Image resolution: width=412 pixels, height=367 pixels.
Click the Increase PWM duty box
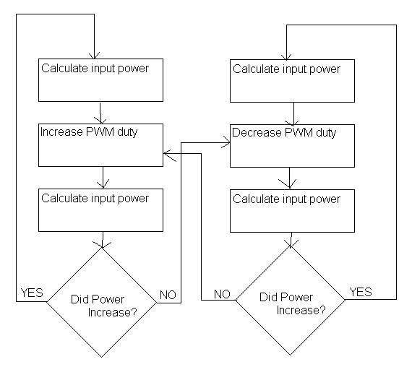point(100,145)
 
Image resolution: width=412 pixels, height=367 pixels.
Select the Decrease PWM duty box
point(292,146)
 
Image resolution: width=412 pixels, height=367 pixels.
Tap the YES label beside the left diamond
point(32,293)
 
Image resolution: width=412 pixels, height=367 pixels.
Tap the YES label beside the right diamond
point(361,292)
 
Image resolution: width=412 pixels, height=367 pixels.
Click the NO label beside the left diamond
point(168,295)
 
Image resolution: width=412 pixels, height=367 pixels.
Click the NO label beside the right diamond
point(223,294)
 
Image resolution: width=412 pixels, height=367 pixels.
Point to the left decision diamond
point(102,302)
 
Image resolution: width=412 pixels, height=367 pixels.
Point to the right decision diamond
point(290,301)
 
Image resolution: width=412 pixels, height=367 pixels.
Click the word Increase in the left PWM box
point(61,131)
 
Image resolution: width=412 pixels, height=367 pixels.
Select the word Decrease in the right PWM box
point(257,132)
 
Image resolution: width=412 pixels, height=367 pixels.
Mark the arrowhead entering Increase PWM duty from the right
point(168,155)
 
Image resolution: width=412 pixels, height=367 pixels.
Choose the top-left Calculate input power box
point(100,80)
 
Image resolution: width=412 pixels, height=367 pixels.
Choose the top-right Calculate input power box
point(292,81)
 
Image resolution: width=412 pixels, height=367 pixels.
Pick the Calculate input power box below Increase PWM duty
point(100,210)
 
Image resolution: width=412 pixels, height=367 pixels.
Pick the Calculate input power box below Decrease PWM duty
point(292,211)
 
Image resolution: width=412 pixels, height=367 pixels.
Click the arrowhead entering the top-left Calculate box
point(95,56)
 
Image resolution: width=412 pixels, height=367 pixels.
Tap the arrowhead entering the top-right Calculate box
point(286,57)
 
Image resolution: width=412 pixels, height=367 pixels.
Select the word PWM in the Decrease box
point(299,132)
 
